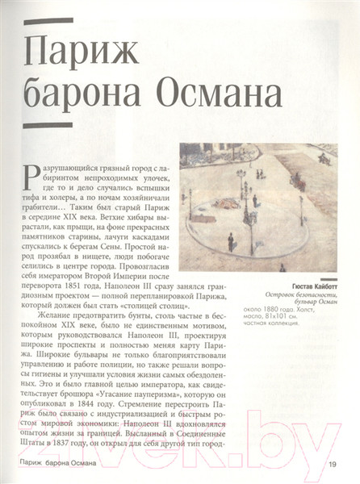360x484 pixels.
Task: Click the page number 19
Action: click(x=333, y=463)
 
